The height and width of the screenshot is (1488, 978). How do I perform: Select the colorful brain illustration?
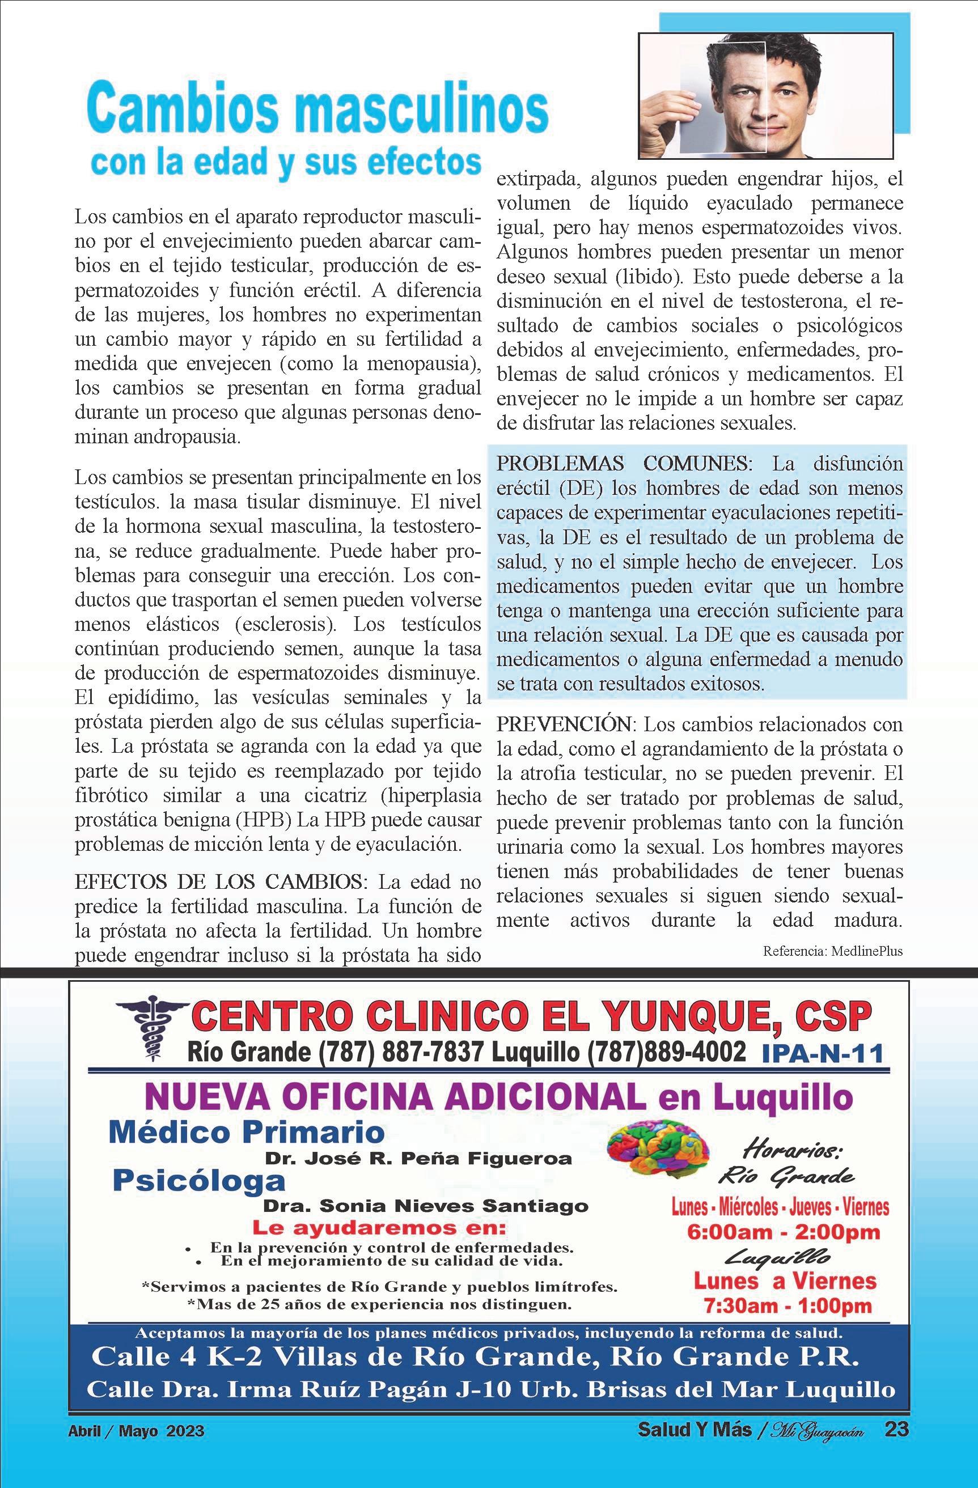pyautogui.click(x=658, y=1146)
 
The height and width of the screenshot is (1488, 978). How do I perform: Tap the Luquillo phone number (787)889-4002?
pyautogui.click(x=666, y=1052)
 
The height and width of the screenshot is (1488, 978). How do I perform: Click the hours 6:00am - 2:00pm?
pyautogui.click(x=784, y=1233)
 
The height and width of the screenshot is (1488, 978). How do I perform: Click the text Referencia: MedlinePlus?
pyautogui.click(x=833, y=952)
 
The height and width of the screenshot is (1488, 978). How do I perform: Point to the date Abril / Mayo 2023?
pyautogui.click(x=136, y=1426)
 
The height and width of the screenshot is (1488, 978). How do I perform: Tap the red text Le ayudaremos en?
pyautogui.click(x=378, y=1227)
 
